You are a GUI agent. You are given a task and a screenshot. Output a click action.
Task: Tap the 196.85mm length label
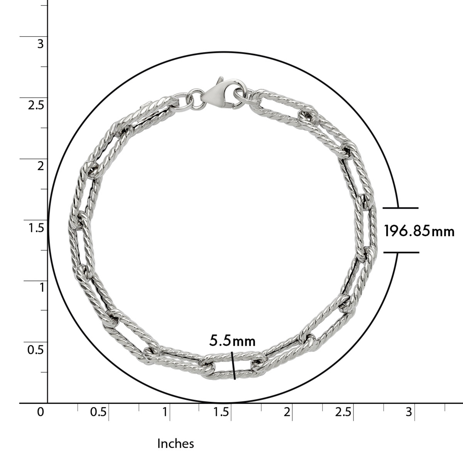419,231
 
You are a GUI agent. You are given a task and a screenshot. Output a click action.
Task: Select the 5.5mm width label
232,341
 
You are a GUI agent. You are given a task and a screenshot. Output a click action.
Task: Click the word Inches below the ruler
176,444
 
